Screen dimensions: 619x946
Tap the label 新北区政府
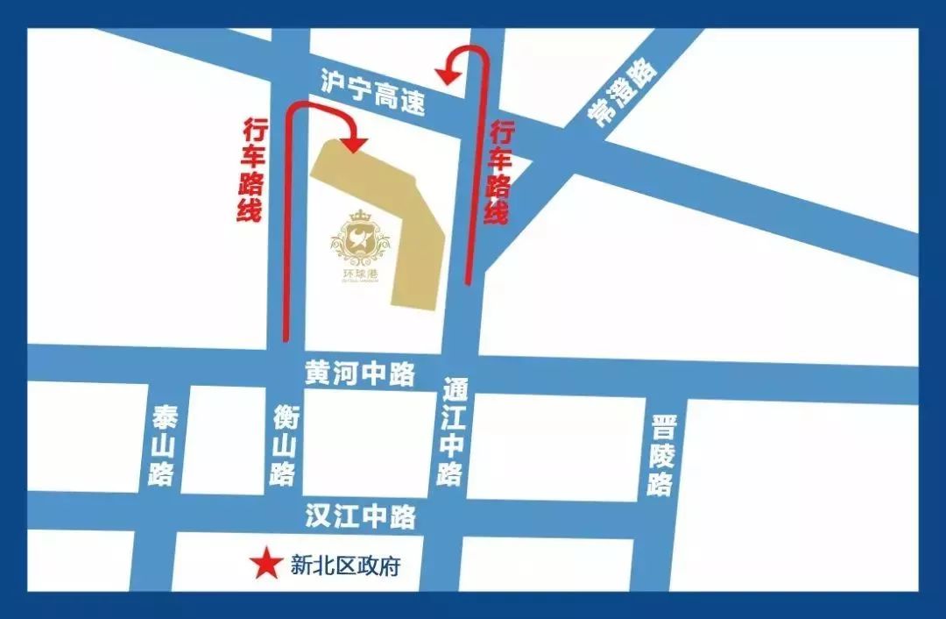tap(345, 566)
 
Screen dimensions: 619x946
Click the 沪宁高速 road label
tap(373, 93)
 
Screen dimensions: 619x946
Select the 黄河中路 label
tap(360, 374)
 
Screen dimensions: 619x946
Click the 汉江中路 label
tap(360, 516)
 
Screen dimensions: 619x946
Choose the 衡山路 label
tap(283, 446)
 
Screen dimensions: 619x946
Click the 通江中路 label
tap(453, 432)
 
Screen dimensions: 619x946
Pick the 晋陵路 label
tap(662, 456)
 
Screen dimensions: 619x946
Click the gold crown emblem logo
tap(360, 242)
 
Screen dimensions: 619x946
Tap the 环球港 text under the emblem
tap(360, 274)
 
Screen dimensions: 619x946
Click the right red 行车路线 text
tap(500, 172)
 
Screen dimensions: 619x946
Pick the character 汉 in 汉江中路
tap(317, 516)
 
